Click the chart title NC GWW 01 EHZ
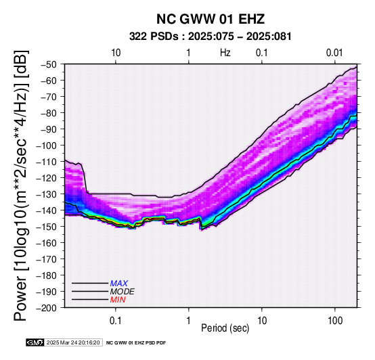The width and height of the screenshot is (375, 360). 211,19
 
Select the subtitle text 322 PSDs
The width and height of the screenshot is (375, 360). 154,37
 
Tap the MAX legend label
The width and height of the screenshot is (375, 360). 119,284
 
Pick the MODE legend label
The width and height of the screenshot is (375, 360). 123,292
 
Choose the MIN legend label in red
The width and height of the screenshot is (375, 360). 118,300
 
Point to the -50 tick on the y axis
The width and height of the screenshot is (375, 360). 48,64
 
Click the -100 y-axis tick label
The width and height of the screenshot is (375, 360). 46,145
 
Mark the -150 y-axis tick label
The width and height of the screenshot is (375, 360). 46,227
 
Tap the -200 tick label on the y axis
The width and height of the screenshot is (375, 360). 46,308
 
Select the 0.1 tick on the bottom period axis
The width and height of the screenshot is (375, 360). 116,321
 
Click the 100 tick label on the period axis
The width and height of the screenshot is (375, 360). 335,321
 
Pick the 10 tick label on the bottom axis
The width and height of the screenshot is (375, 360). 262,321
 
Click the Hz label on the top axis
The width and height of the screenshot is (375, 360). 225,53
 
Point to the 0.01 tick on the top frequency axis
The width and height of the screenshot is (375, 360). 334,53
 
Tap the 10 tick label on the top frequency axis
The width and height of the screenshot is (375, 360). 116,53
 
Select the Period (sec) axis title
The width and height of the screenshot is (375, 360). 225,328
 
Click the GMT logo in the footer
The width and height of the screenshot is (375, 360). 35,342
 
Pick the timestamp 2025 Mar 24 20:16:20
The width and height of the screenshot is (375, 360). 73,342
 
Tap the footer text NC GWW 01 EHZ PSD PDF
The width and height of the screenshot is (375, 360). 136,343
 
